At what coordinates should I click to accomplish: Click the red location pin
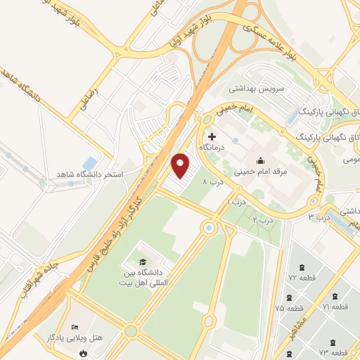(x=181, y=165)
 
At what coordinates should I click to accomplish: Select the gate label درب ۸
(x=212, y=182)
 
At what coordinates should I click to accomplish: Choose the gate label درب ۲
(x=264, y=220)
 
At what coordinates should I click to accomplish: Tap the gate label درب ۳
(x=321, y=217)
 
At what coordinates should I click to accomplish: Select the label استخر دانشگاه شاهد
(x=90, y=174)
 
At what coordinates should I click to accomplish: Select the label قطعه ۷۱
(x=335, y=307)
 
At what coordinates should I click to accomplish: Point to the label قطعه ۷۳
(x=333, y=352)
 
